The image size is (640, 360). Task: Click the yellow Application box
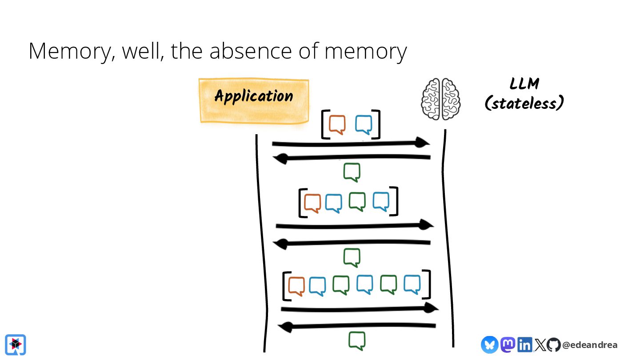click(254, 100)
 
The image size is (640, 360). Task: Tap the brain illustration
click(440, 99)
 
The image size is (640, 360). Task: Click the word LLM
click(524, 84)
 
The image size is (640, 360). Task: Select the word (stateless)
click(524, 103)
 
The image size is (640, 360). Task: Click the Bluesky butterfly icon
click(489, 344)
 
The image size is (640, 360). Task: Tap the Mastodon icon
click(508, 344)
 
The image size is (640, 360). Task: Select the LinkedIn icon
click(524, 344)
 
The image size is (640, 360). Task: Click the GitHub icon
click(553, 344)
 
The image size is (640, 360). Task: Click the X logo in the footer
click(540, 345)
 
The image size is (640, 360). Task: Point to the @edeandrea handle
click(590, 345)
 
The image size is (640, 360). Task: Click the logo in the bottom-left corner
click(16, 344)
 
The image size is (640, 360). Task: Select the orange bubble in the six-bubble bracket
click(296, 285)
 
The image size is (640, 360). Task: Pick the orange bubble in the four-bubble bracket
click(312, 203)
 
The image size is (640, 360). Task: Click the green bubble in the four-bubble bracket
click(357, 201)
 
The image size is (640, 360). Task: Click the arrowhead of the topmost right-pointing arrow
click(422, 142)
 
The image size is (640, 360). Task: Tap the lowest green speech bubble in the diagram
click(357, 340)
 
